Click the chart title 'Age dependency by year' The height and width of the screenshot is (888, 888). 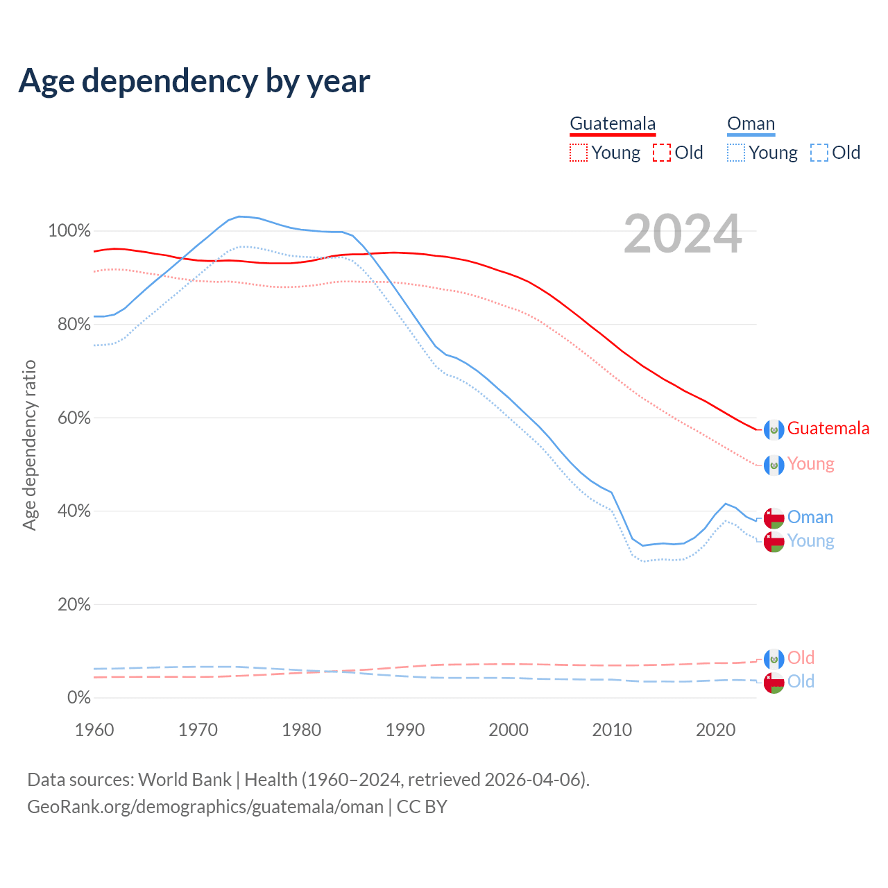[194, 81]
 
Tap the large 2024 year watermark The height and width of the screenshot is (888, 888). [683, 234]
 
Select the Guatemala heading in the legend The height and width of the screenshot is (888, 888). [613, 124]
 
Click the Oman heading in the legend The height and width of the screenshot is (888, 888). [751, 124]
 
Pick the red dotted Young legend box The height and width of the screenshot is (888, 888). [579, 153]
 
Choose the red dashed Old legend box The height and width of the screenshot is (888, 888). [662, 153]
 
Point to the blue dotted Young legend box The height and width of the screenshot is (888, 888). [736, 153]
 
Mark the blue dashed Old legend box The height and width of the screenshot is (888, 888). [819, 153]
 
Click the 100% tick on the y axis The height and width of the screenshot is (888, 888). [69, 231]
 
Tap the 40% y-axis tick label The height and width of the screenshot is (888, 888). [73, 511]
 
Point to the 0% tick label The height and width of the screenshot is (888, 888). [78, 698]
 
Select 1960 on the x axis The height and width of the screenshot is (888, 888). [94, 730]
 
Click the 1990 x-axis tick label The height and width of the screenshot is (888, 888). [405, 730]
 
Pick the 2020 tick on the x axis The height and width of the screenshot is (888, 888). [715, 730]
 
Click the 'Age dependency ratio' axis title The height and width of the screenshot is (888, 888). [29, 445]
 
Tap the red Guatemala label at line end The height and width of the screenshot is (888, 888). [828, 429]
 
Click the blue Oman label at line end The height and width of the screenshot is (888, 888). [810, 518]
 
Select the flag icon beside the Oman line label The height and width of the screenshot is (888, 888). [774, 518]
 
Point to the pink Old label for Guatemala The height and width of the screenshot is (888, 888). [801, 658]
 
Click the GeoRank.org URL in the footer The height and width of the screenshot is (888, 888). [205, 807]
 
